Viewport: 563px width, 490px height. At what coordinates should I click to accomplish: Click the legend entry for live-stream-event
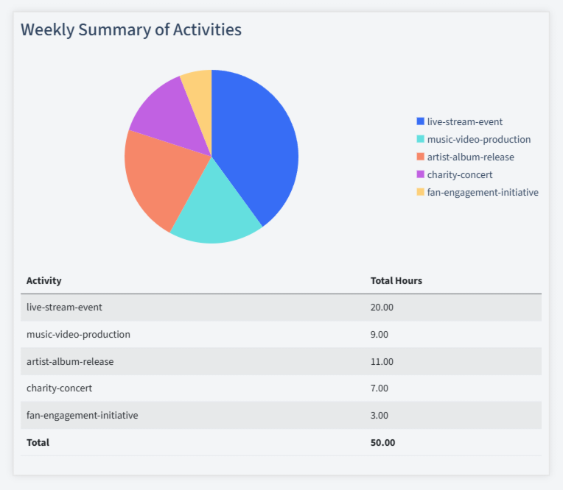pyautogui.click(x=464, y=121)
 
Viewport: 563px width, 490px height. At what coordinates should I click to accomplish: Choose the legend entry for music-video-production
pyautogui.click(x=478, y=139)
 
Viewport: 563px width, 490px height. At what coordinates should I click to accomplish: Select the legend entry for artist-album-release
pyautogui.click(x=470, y=157)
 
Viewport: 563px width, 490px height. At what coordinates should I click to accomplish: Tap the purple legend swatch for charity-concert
pyautogui.click(x=420, y=174)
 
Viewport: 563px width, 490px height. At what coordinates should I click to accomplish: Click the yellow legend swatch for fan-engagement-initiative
pyautogui.click(x=420, y=192)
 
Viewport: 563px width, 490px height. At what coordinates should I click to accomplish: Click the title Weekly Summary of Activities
pyautogui.click(x=130, y=29)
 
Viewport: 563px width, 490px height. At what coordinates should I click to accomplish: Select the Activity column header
pyautogui.click(x=44, y=280)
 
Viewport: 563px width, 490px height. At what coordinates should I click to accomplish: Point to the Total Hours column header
pyautogui.click(x=396, y=280)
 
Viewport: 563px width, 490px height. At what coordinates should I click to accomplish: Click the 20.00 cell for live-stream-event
pyautogui.click(x=382, y=308)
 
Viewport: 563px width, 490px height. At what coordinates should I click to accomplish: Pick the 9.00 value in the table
pyautogui.click(x=380, y=334)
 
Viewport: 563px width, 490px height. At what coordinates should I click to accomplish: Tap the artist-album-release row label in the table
pyautogui.click(x=70, y=361)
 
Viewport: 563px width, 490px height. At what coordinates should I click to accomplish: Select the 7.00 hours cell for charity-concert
pyautogui.click(x=380, y=388)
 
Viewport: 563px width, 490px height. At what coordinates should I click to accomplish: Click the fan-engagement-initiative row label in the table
pyautogui.click(x=82, y=415)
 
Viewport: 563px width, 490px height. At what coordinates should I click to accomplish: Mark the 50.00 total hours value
pyautogui.click(x=382, y=442)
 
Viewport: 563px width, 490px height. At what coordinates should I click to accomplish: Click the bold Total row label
pyautogui.click(x=38, y=442)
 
